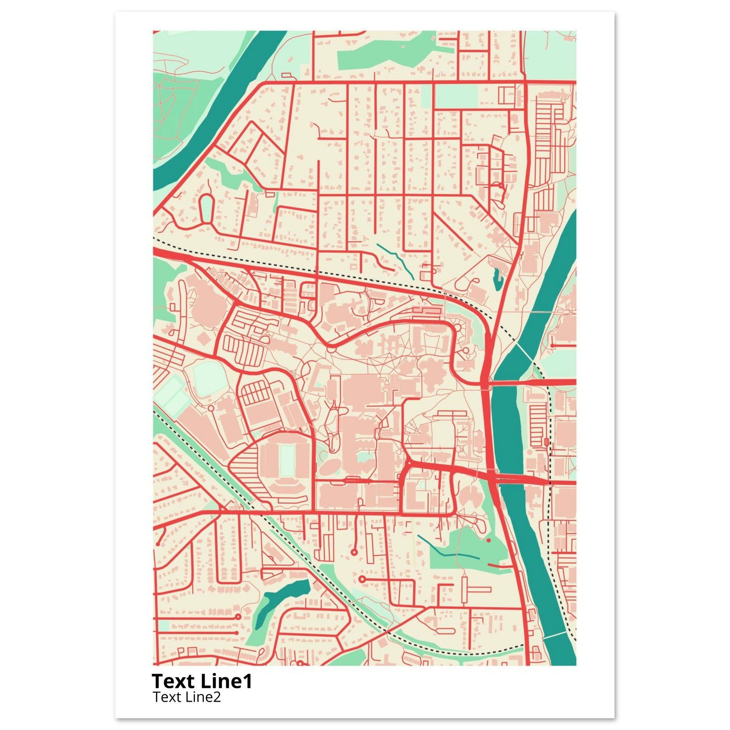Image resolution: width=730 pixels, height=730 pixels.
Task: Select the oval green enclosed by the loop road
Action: coord(206,208)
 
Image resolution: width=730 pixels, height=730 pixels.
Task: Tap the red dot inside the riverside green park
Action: coord(489,541)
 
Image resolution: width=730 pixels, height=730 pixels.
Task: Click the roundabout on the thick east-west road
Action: coord(409,463)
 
